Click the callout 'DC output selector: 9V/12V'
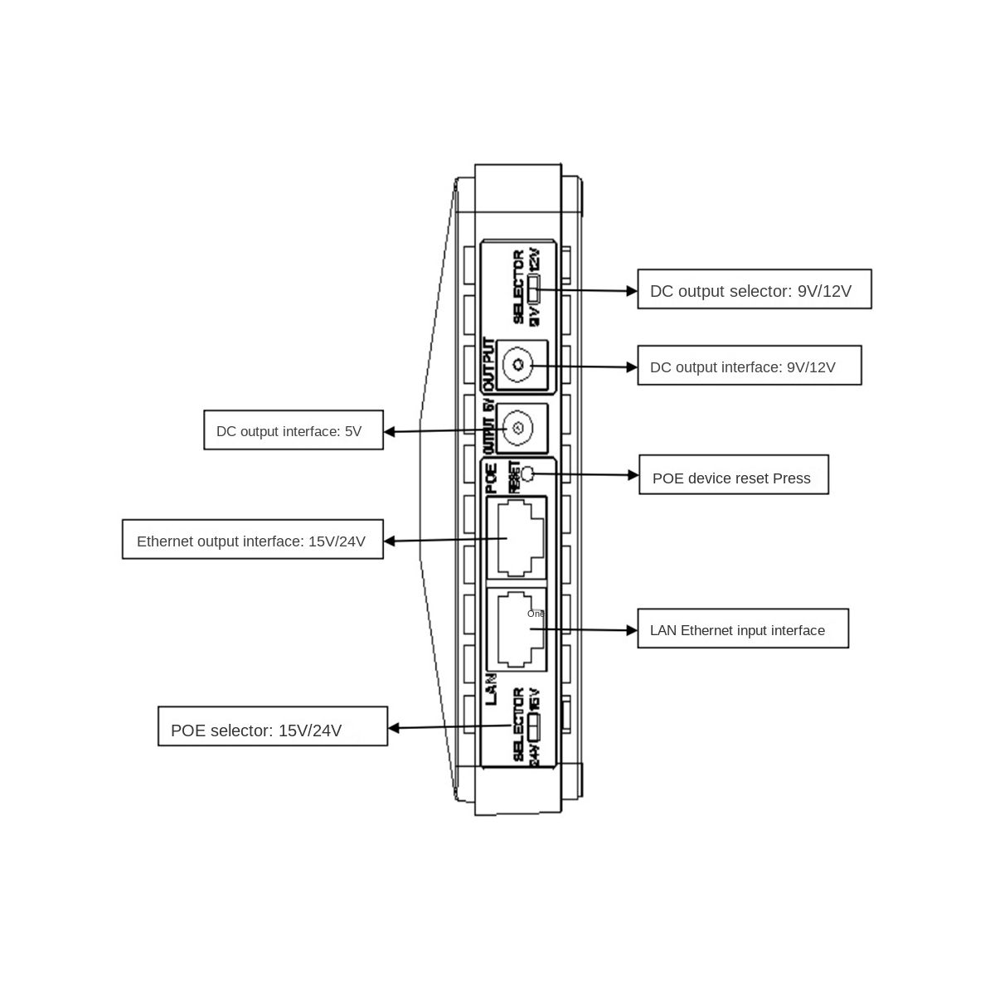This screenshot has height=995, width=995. click(754, 289)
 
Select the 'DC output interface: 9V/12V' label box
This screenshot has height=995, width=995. click(749, 366)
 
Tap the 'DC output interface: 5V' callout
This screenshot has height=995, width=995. click(294, 430)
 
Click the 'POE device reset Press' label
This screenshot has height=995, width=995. click(733, 475)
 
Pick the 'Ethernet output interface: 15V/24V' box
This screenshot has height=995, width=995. click(252, 540)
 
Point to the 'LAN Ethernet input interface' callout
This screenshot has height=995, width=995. click(742, 629)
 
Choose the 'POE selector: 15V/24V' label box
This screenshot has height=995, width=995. click(272, 726)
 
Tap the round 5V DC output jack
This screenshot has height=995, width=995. click(517, 429)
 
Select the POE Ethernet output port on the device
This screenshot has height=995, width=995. click(517, 537)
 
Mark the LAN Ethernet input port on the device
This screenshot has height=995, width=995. click(517, 629)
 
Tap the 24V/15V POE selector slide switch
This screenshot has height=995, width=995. click(534, 727)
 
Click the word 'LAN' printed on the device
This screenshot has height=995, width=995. click(491, 689)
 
